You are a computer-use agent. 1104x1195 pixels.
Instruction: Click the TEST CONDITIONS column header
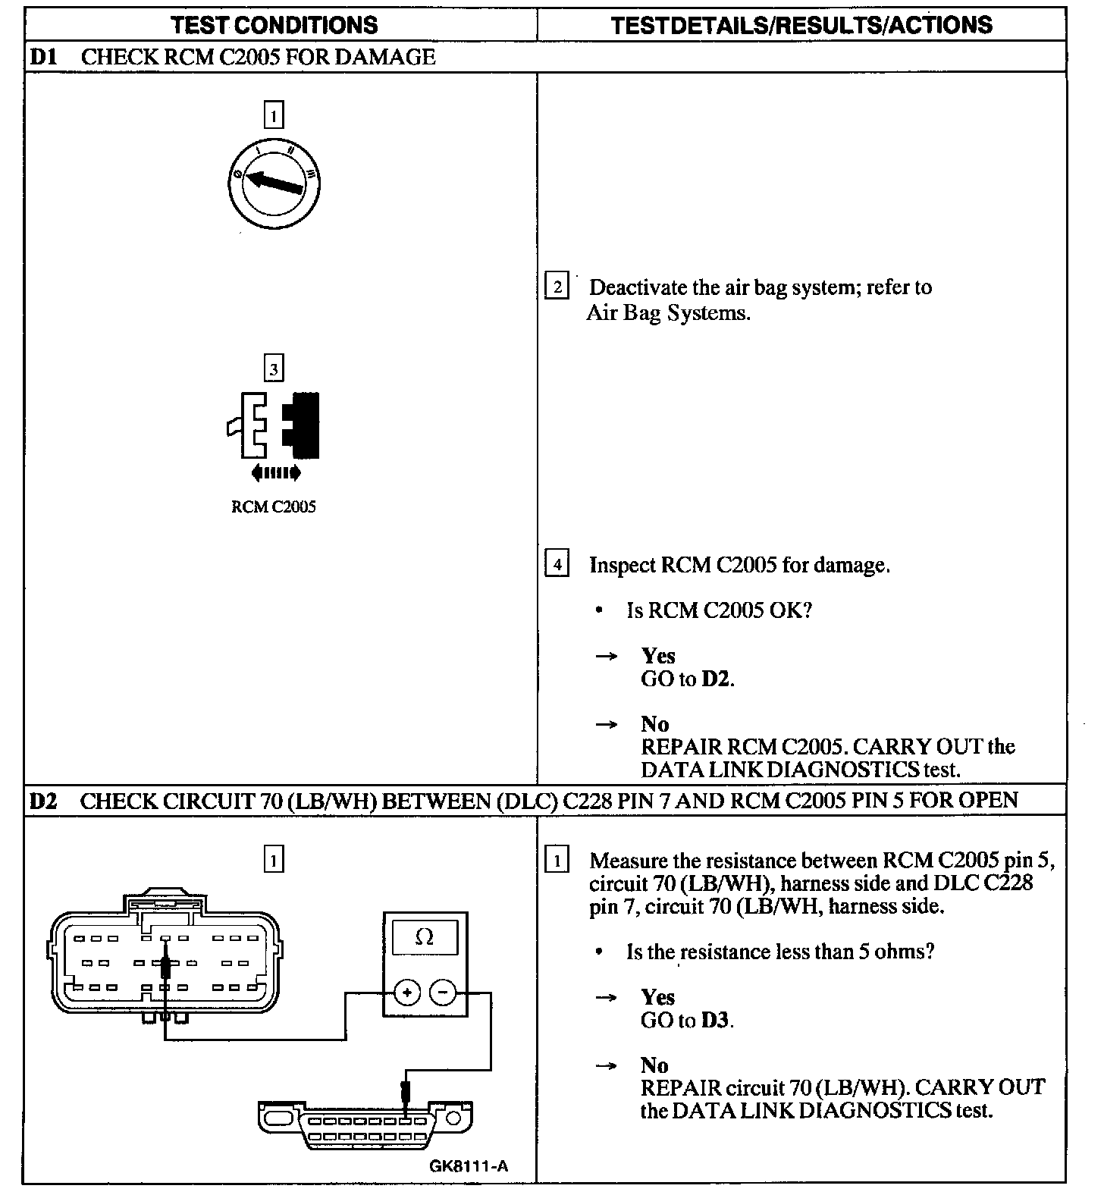274,25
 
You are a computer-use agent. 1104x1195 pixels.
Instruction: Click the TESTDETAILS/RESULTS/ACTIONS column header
801,25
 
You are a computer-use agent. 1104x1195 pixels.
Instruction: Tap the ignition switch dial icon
273,182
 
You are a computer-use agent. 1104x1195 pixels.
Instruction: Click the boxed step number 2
557,287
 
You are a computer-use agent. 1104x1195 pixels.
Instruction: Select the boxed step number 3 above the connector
273,369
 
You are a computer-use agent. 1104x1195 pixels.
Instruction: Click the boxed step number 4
557,564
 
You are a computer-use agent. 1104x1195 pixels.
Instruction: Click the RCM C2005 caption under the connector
273,507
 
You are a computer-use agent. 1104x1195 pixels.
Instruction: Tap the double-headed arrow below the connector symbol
275,473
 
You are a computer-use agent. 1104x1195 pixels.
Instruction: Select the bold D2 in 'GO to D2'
716,679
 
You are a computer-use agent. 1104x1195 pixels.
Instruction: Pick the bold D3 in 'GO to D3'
716,1020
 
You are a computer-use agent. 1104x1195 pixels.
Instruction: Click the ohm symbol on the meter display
425,937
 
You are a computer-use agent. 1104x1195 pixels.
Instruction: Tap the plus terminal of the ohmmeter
407,992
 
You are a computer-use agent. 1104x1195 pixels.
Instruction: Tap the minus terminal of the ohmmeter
444,992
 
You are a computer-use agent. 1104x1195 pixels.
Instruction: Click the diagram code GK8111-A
468,1166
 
